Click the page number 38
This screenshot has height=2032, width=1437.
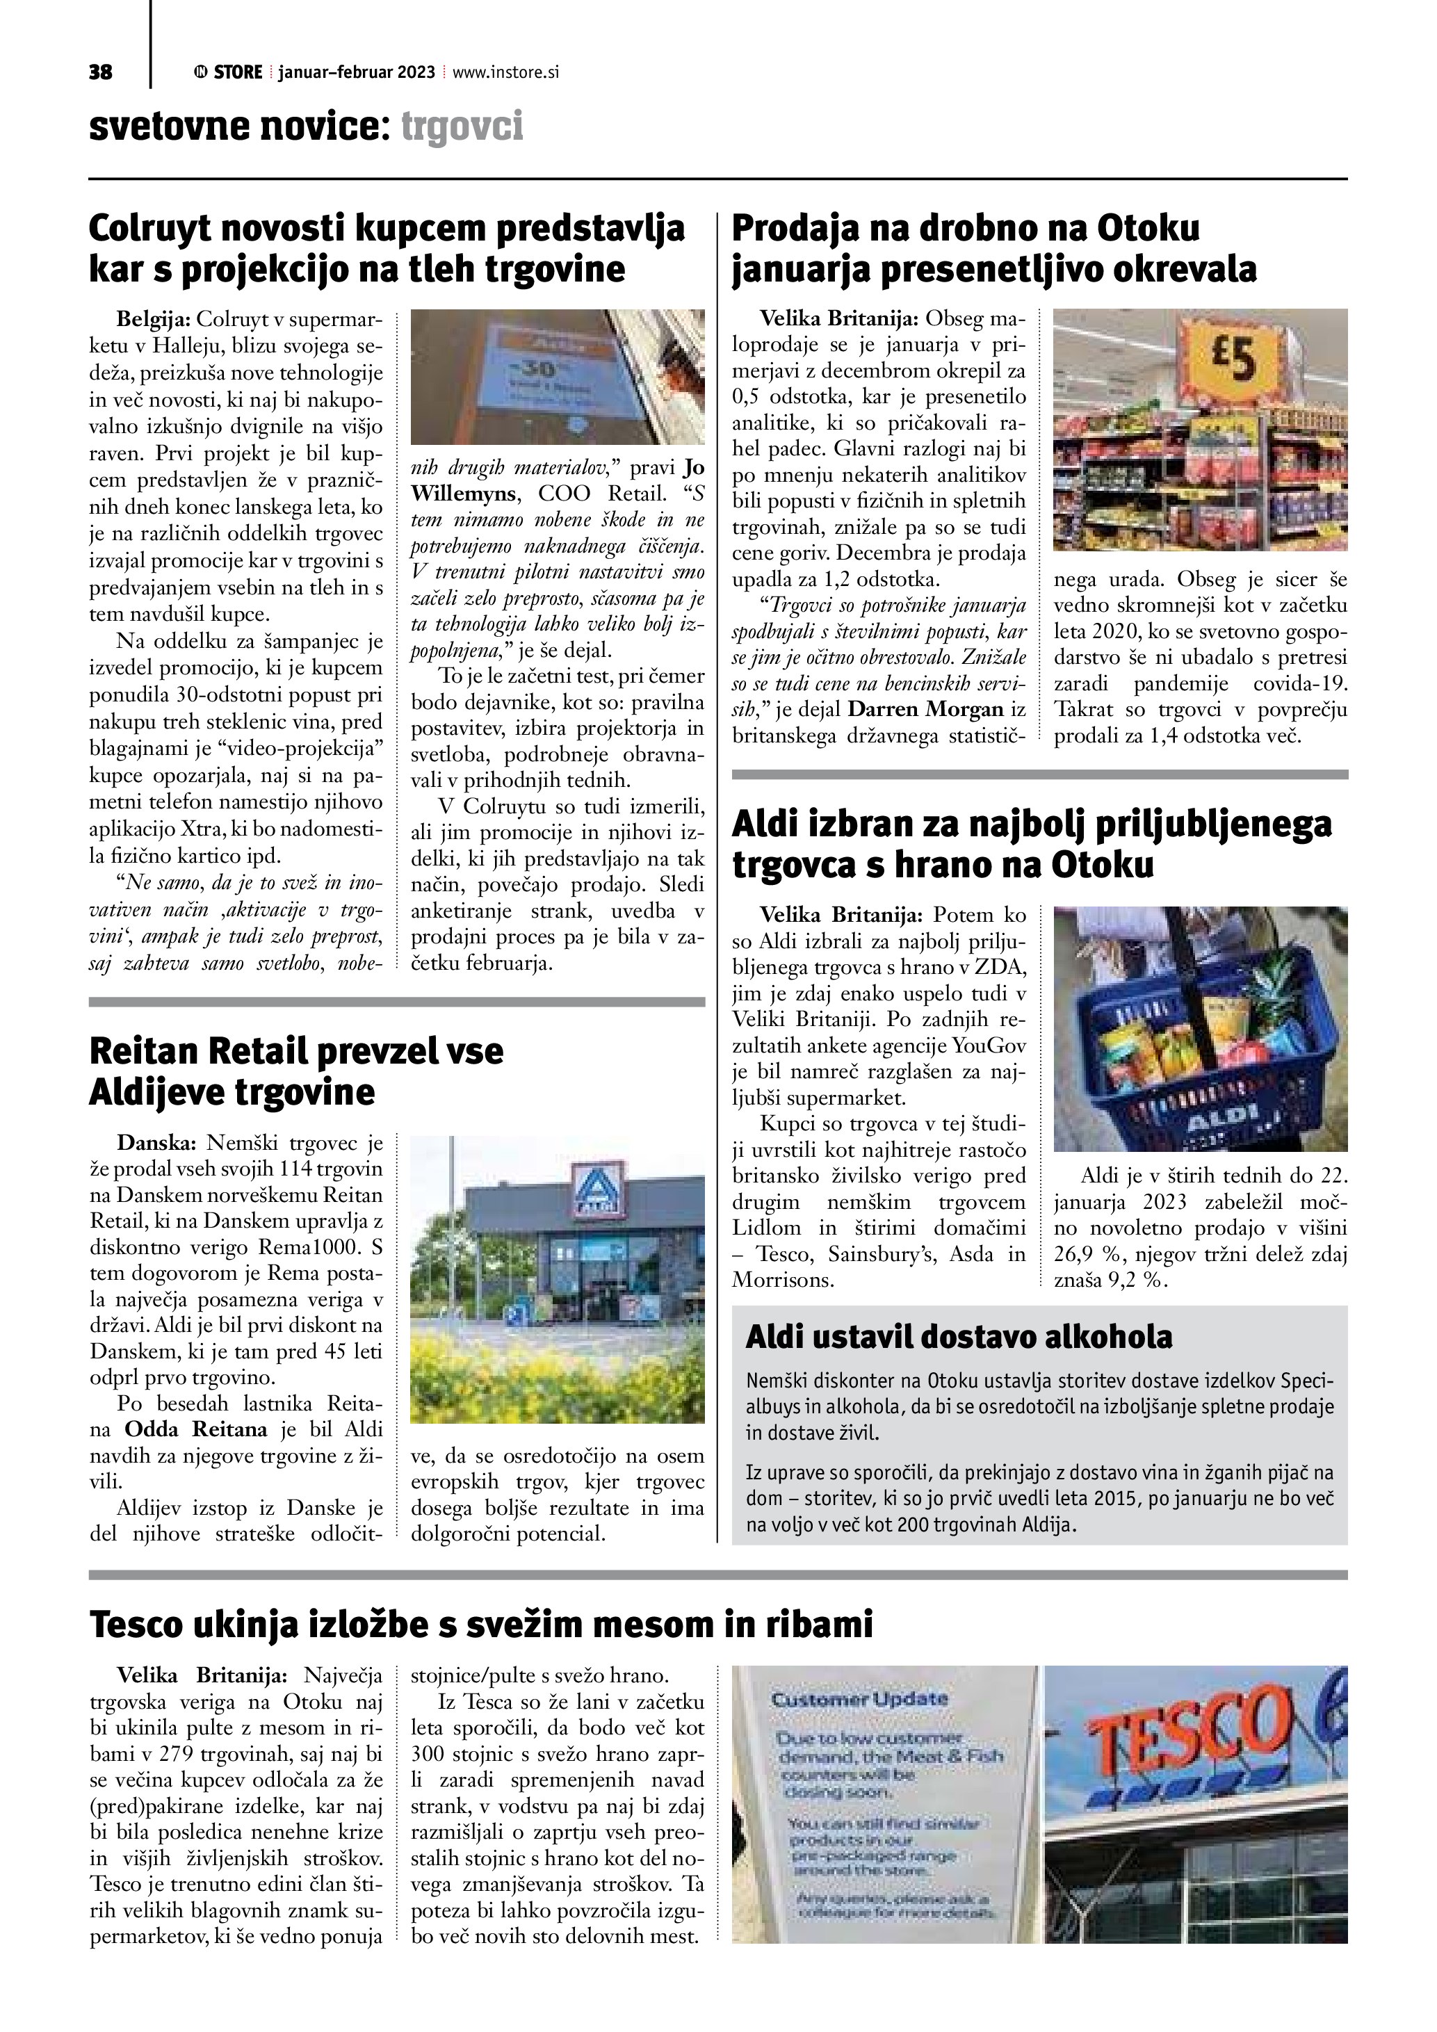pos(101,72)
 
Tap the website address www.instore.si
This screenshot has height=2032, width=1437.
pos(505,72)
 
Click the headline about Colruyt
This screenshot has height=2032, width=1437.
pos(387,249)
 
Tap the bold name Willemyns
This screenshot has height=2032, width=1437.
pos(462,493)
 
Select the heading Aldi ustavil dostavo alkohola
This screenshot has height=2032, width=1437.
pos(959,1336)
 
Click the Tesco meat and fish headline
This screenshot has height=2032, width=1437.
pos(481,1624)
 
